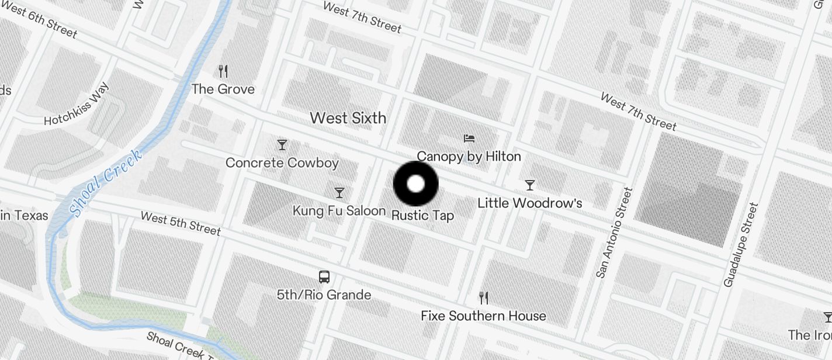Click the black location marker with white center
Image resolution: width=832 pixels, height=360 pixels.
click(415, 184)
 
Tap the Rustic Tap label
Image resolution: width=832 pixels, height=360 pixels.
click(422, 216)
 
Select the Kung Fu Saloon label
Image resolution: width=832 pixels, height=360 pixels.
click(339, 211)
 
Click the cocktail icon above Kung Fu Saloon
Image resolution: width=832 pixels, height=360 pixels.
click(339, 192)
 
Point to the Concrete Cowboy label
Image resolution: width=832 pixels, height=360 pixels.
click(282, 163)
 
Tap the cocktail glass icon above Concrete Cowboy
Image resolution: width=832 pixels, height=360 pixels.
click(282, 144)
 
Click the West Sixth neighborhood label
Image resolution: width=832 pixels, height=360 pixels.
click(348, 118)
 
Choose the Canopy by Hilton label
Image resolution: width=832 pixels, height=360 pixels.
click(469, 157)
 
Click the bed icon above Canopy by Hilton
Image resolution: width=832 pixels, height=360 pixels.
click(469, 139)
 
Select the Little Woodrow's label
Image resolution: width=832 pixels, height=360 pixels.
click(530, 203)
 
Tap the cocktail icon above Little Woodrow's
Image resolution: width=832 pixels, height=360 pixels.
click(530, 185)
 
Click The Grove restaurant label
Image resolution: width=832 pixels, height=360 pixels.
click(223, 89)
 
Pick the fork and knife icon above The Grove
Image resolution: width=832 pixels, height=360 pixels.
click(223, 71)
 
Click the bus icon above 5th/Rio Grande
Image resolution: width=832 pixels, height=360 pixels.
click(324, 276)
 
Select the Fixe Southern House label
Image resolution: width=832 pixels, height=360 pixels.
click(483, 316)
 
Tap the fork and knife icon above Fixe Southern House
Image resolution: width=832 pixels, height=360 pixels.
click(483, 298)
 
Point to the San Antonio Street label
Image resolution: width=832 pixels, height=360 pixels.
click(612, 232)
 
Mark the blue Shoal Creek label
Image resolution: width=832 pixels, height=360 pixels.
click(106, 183)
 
